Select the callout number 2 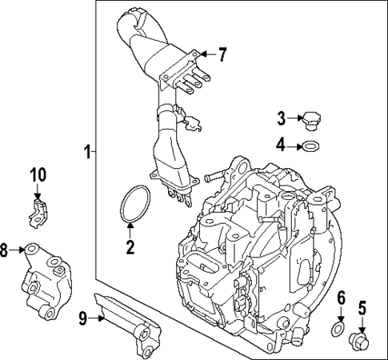(x=130, y=246)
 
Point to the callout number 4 (x=282, y=146)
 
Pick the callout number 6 (x=340, y=298)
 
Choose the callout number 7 (x=222, y=55)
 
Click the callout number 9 (x=82, y=318)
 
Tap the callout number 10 (x=39, y=175)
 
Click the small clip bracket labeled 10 (x=40, y=210)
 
